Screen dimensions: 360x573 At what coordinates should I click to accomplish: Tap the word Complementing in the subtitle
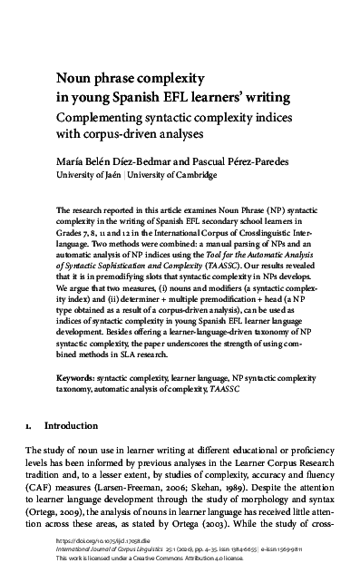106,118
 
